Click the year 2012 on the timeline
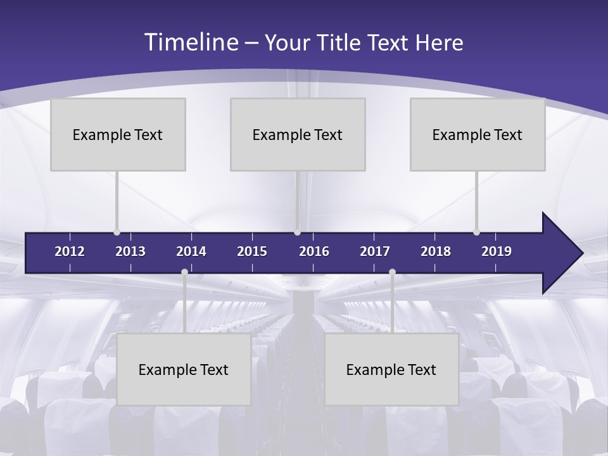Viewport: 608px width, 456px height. point(70,251)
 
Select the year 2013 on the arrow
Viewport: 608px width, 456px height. point(130,251)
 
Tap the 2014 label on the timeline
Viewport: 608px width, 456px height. point(191,251)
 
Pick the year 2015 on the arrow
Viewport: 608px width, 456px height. point(252,251)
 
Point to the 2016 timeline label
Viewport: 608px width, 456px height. point(314,251)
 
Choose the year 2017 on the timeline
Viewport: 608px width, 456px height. point(375,251)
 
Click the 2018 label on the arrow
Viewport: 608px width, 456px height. point(436,251)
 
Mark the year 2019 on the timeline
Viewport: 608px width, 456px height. point(497,251)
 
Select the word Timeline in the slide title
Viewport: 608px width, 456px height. point(191,42)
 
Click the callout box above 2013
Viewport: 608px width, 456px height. point(118,134)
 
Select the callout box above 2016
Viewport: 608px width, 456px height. point(298,134)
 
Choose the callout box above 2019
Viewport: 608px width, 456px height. point(478,134)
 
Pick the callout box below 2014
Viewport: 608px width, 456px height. point(184,369)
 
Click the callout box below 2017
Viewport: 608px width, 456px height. point(391,369)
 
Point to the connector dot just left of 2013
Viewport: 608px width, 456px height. point(117,232)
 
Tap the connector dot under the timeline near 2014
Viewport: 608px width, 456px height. point(184,272)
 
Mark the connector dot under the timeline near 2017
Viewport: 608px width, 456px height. point(392,272)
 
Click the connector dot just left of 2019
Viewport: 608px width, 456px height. point(476,232)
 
